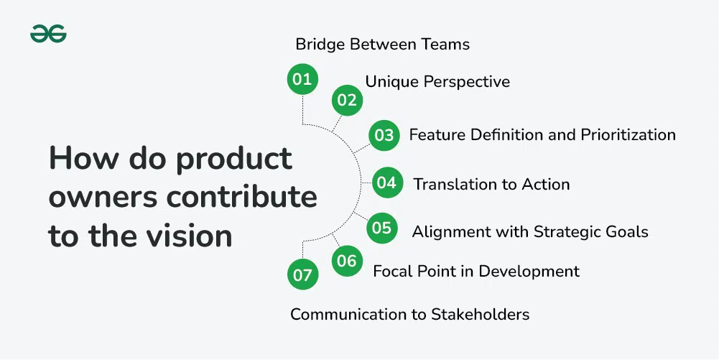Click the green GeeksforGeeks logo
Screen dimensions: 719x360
coord(48,34)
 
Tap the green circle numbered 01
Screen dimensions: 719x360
coord(302,79)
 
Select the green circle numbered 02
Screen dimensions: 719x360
coord(347,100)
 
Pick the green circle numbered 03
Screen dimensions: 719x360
coord(384,135)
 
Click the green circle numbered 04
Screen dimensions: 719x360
coord(387,183)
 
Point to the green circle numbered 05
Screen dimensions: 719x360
coord(382,228)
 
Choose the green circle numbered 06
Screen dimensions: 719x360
coord(347,261)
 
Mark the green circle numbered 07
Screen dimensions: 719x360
coord(302,275)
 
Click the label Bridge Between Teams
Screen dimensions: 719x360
coord(382,45)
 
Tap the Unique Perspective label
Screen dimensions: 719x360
coord(437,82)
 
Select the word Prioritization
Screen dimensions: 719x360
coord(628,135)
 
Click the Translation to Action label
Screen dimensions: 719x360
coord(491,185)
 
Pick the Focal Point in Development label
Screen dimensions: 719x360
coord(476,272)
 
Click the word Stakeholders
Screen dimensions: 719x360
coord(480,315)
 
